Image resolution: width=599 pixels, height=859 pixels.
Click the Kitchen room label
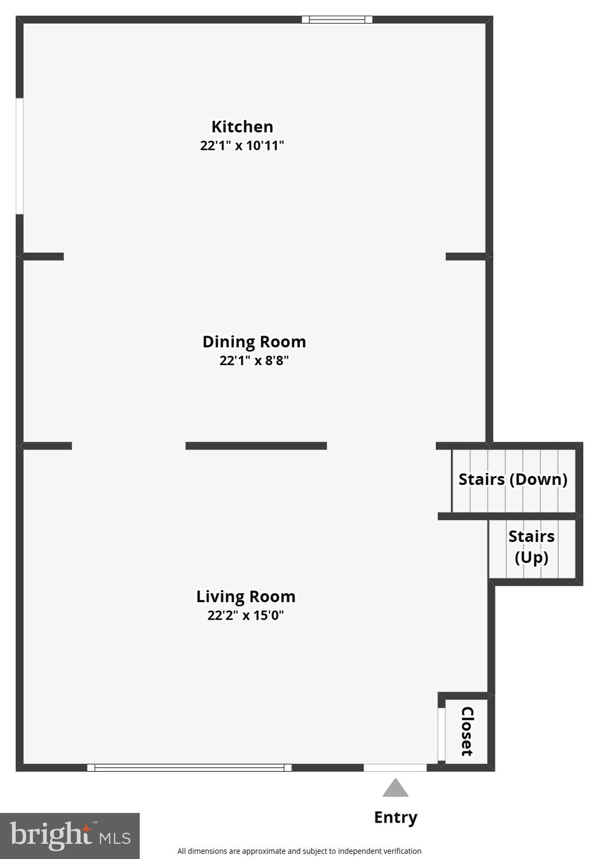coord(242,126)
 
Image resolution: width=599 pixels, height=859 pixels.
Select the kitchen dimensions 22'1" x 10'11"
coord(242,145)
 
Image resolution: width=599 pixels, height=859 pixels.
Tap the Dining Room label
coord(254,342)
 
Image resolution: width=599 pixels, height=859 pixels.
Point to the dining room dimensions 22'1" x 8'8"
coord(254,361)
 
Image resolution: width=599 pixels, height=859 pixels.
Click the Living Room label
coord(246,597)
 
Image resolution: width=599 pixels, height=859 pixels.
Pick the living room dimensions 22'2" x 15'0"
coord(246,616)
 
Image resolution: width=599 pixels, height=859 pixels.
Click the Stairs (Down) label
coord(513,479)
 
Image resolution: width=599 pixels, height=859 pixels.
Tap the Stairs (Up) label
coord(531,546)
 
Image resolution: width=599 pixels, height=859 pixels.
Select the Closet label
coord(467,731)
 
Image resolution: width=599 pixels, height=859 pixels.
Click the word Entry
coord(395,818)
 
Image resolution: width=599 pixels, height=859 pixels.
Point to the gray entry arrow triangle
coord(395,789)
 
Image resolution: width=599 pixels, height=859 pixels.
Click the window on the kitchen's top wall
coord(337,20)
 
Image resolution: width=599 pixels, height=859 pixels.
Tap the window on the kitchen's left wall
coord(20,156)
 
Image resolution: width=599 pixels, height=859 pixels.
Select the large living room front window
coord(189,768)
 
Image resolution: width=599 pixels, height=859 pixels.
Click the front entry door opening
coord(395,768)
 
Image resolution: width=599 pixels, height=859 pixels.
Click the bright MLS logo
coord(70,836)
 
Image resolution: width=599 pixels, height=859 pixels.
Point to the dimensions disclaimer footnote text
coord(299,851)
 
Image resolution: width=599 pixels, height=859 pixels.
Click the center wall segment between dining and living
coord(256,446)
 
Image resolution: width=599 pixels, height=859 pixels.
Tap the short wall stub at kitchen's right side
coord(466,257)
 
